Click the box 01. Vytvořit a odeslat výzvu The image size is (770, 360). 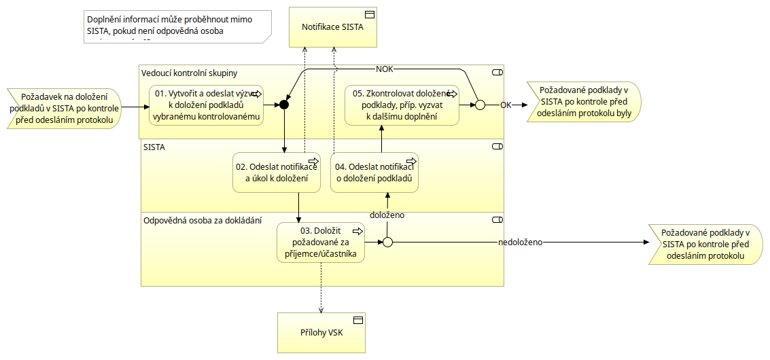coord(206,105)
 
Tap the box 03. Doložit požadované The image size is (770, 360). coord(320,242)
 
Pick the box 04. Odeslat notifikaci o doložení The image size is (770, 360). coord(374,173)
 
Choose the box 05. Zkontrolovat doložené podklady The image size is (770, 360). coord(402,105)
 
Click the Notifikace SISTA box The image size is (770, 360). coord(333,27)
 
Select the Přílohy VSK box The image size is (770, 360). coord(322,333)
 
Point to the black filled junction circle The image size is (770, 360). coord(284,105)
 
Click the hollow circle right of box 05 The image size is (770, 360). coord(479,105)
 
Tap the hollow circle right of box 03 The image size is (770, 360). coord(387,242)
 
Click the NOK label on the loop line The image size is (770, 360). coord(385,69)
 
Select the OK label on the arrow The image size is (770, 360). coord(506,105)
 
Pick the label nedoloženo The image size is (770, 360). coord(521,242)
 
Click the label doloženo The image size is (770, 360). coord(387,215)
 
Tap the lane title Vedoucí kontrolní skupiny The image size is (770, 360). coord(189,73)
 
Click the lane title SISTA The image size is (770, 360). coord(154,146)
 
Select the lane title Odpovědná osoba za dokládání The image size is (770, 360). coord(203,220)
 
